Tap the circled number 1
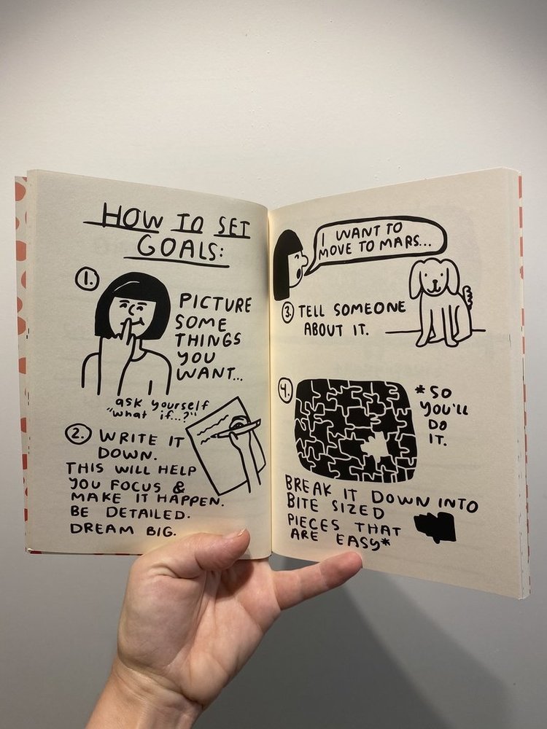pyautogui.click(x=88, y=278)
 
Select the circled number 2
pyautogui.click(x=78, y=435)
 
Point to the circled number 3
pyautogui.click(x=287, y=312)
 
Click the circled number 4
pyautogui.click(x=285, y=391)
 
